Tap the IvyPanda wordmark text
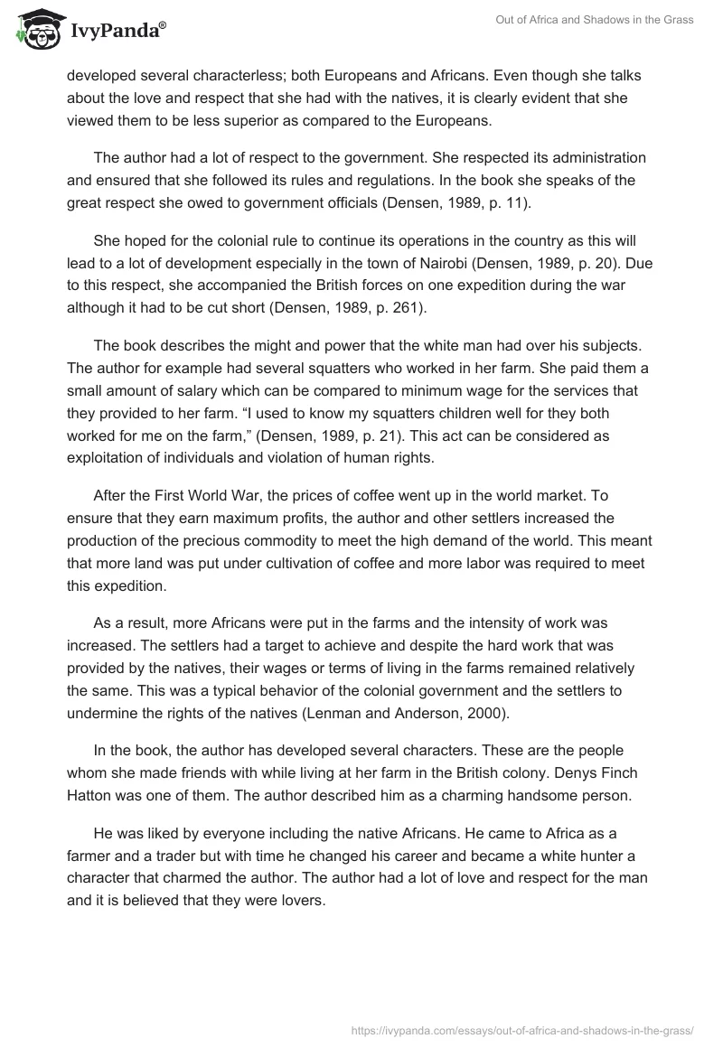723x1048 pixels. (117, 31)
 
